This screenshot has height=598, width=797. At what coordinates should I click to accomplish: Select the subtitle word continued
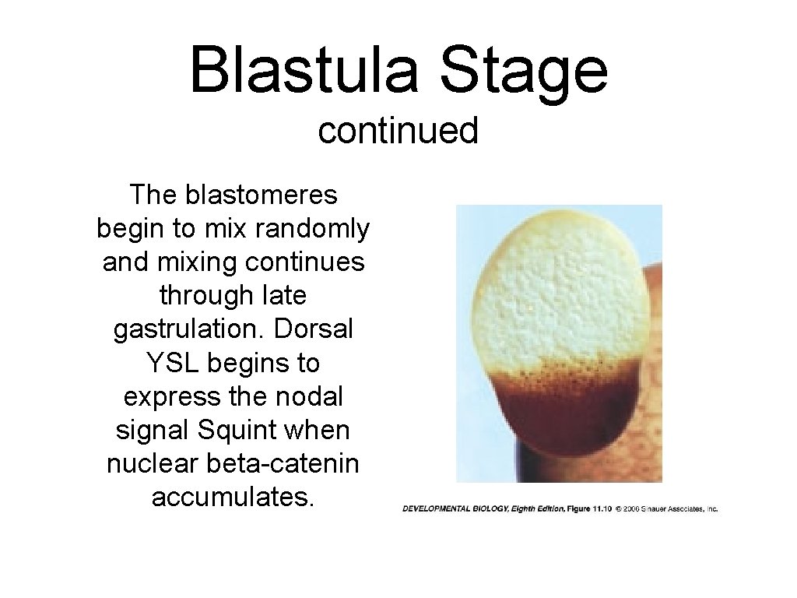(398, 131)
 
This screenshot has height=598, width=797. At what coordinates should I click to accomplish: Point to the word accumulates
(233, 497)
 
